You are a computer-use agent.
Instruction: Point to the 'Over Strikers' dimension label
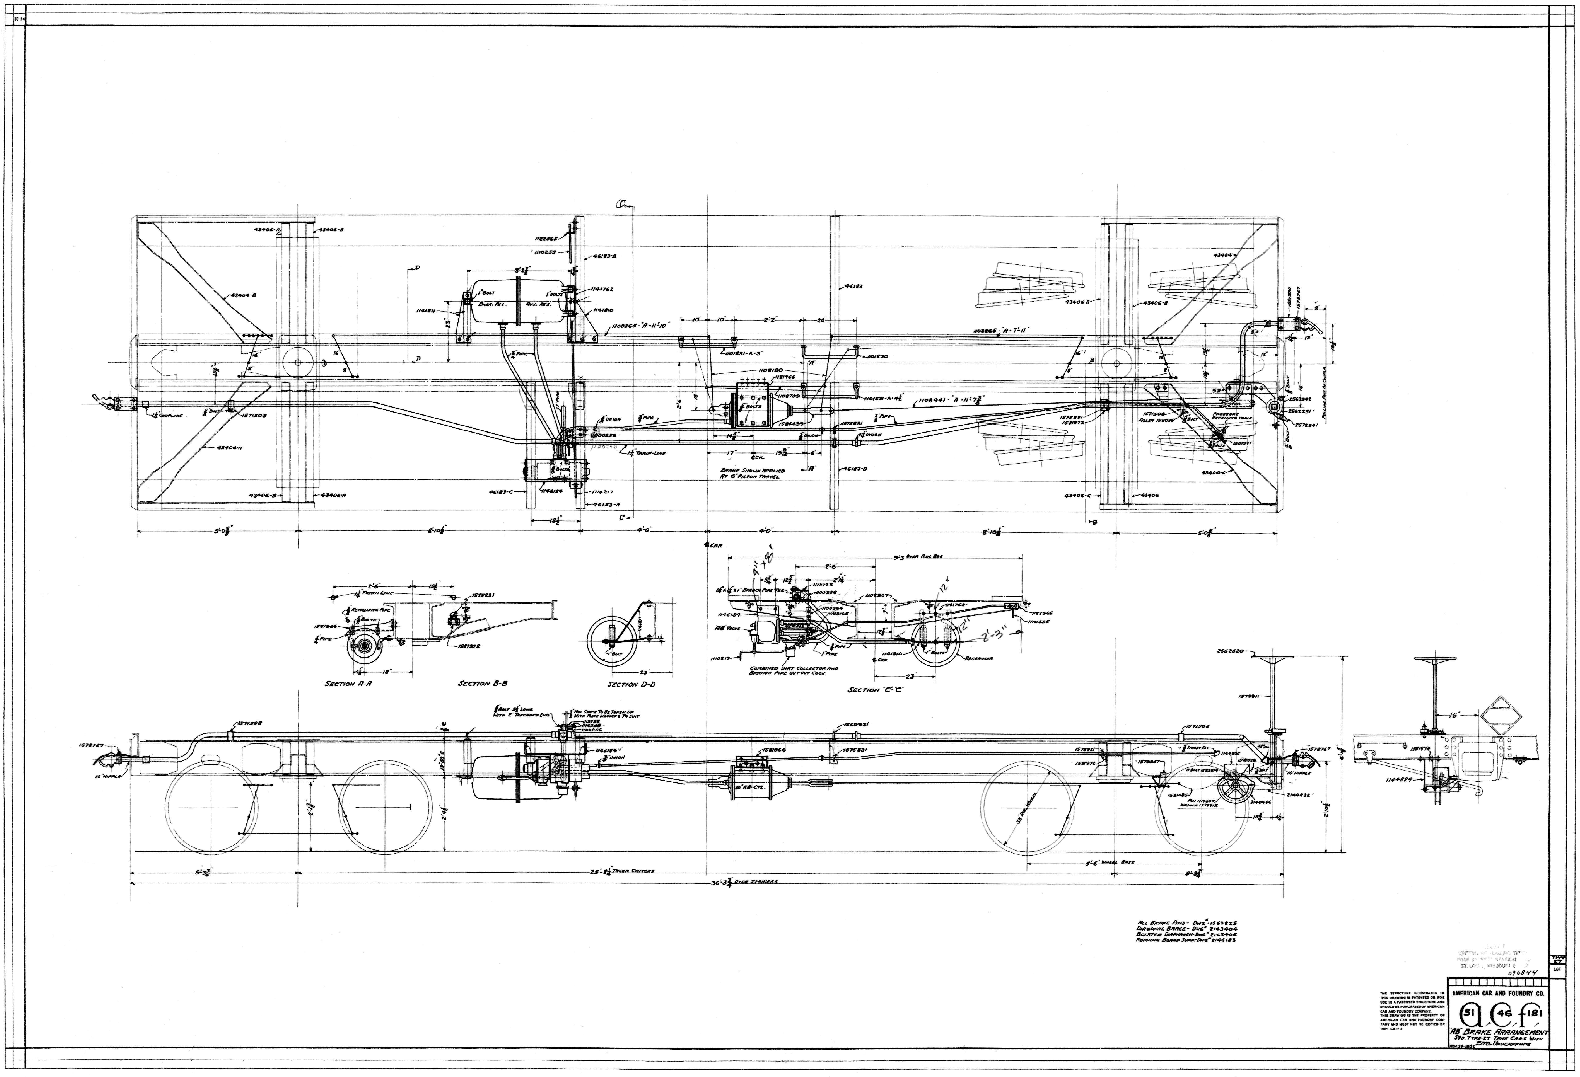click(755, 882)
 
